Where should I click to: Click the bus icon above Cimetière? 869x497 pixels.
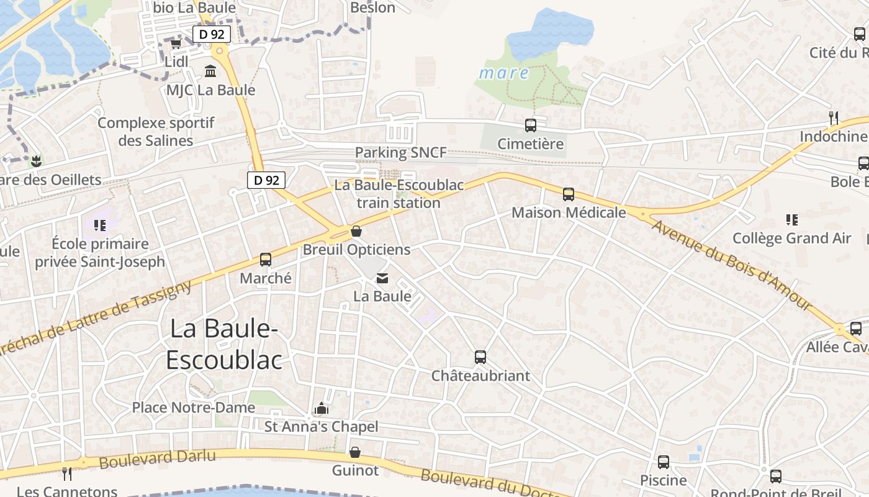pyautogui.click(x=531, y=125)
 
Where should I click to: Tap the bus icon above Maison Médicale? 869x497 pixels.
pyautogui.click(x=569, y=194)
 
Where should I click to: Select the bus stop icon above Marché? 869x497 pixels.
pyautogui.click(x=266, y=260)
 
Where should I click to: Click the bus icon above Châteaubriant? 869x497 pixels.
pyautogui.click(x=480, y=357)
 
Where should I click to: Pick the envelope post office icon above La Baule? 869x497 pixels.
pyautogui.click(x=382, y=279)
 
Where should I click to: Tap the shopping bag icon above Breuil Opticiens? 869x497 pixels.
pyautogui.click(x=356, y=232)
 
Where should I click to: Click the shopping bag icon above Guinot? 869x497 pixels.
pyautogui.click(x=355, y=452)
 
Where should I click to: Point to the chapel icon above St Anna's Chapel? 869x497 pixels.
pyautogui.click(x=321, y=408)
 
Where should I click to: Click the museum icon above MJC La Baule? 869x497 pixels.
pyautogui.click(x=210, y=72)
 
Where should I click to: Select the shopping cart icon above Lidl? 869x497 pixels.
pyautogui.click(x=176, y=44)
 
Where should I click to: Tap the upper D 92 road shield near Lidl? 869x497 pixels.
pyautogui.click(x=212, y=34)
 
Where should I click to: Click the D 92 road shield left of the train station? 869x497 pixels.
pyautogui.click(x=266, y=180)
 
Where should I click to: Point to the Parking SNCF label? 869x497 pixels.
pyautogui.click(x=400, y=152)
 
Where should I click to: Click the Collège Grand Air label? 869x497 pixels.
pyautogui.click(x=791, y=238)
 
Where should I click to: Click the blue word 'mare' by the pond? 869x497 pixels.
pyautogui.click(x=504, y=73)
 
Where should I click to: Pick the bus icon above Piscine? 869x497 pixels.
pyautogui.click(x=664, y=462)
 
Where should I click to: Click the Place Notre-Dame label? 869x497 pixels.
pyautogui.click(x=193, y=408)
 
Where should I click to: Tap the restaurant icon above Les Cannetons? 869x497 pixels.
pyautogui.click(x=67, y=474)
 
